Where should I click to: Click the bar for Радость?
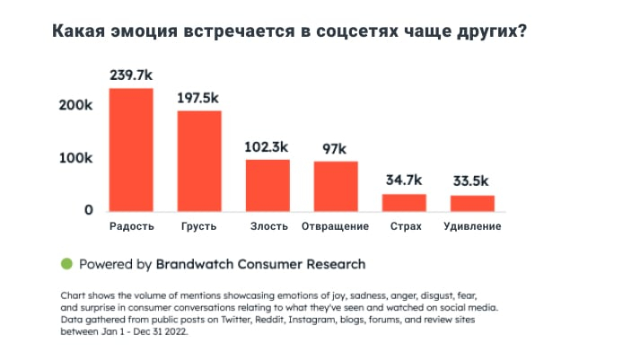[x=131, y=150]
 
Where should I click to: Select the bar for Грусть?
[x=199, y=161]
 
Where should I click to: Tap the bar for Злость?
[x=267, y=185]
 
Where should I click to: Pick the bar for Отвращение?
[x=336, y=186]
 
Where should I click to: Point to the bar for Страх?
[x=404, y=202]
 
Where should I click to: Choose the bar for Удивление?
[x=472, y=203]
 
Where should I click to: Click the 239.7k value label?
[x=131, y=75]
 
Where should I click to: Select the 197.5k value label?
[x=199, y=97]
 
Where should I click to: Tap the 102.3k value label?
[x=267, y=145]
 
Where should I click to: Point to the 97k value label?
[x=336, y=148]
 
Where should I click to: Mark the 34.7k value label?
[x=404, y=180]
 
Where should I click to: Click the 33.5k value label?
[x=472, y=181]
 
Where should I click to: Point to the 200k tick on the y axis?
[x=76, y=105]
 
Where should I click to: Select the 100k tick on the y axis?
[x=76, y=158]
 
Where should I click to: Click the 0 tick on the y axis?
[x=89, y=210]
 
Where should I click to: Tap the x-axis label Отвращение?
[x=336, y=226]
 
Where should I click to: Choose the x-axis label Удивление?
[x=472, y=226]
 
